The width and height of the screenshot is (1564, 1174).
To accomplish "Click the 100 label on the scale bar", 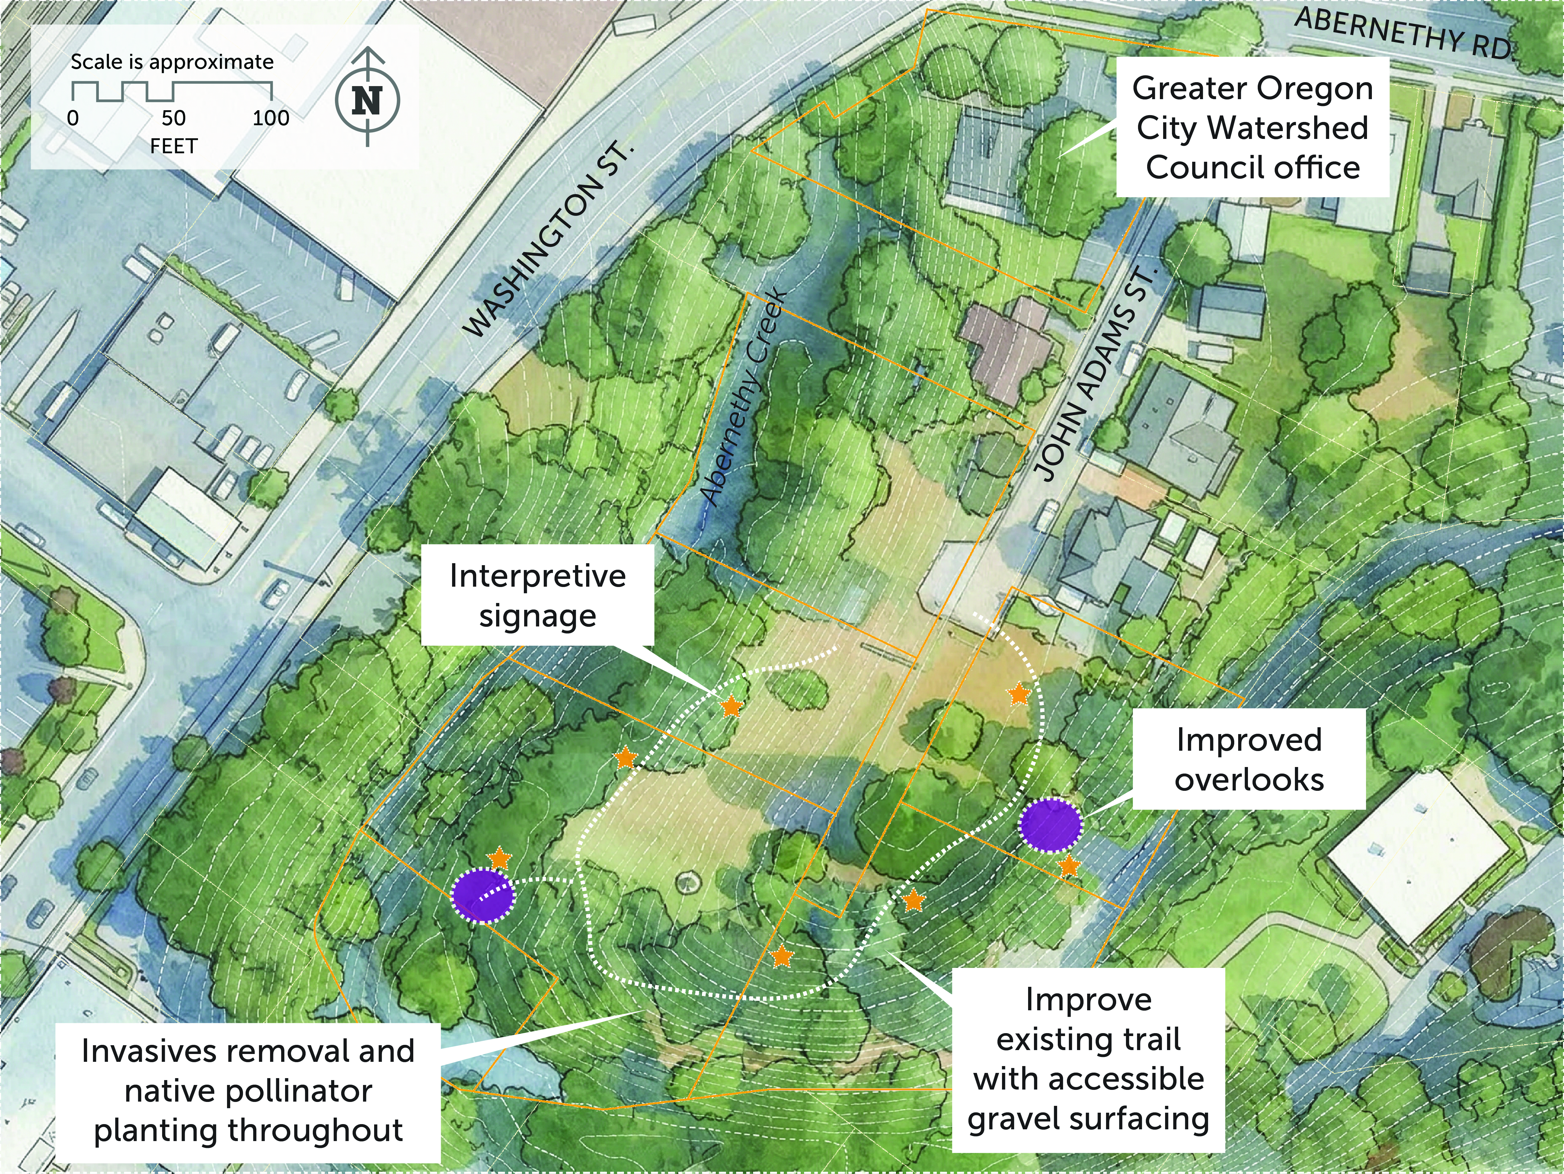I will [271, 118].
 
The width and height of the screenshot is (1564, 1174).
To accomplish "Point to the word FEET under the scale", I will [173, 146].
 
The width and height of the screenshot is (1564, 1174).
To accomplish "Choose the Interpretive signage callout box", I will [537, 595].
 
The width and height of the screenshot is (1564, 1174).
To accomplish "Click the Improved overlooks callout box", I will [1249, 759].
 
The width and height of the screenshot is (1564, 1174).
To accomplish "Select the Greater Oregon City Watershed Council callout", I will [1252, 127].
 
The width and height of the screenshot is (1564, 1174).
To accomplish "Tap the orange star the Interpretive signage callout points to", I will [731, 706].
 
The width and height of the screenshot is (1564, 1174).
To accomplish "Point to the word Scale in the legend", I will [97, 62].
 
